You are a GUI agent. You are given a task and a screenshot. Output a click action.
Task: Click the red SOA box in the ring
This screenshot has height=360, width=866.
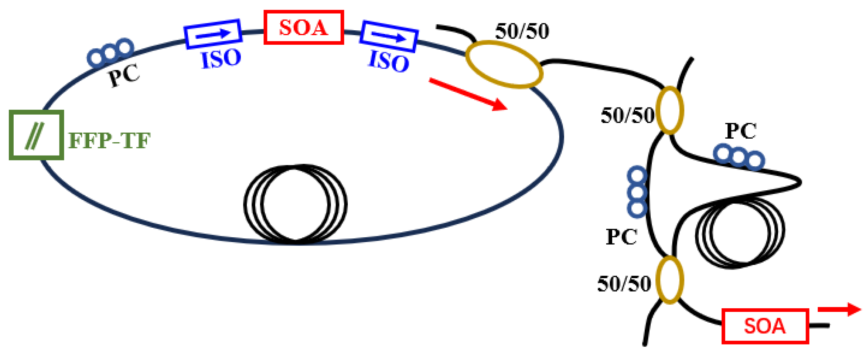point(304,27)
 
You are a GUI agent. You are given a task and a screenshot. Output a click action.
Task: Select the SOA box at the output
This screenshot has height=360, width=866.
point(765,326)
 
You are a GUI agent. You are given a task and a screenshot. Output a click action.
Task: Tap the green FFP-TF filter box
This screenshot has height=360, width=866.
point(36,135)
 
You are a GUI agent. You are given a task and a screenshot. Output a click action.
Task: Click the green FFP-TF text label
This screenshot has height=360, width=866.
point(109,140)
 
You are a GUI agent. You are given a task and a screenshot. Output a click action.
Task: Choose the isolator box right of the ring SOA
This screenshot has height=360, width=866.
point(389,36)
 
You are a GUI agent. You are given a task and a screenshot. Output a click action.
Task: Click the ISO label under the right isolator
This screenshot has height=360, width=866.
point(389,61)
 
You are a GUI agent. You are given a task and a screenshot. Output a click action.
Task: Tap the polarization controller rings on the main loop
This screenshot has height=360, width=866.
point(110,53)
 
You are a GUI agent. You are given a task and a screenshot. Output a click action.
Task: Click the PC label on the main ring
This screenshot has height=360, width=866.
point(124,75)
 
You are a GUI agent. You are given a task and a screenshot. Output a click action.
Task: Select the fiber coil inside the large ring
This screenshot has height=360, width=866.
point(295,204)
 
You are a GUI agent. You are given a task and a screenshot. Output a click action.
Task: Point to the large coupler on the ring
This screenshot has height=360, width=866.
point(504,65)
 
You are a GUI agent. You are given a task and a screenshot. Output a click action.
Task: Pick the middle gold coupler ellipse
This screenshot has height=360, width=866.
point(670,110)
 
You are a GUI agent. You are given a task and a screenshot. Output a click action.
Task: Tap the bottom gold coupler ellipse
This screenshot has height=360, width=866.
point(669,280)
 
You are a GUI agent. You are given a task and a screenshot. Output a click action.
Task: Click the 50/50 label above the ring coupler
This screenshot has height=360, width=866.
point(522,31)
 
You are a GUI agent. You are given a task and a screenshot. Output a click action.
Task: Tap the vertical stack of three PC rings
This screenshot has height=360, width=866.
point(637,191)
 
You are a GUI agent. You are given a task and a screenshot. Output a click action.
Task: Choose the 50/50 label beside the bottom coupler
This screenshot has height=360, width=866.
point(624,284)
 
